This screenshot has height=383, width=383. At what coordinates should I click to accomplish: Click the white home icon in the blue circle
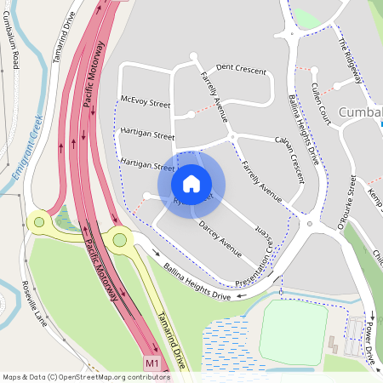coord(191,183)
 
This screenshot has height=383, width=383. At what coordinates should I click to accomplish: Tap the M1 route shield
coord(153,363)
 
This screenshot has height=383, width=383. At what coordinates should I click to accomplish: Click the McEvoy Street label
coord(146,103)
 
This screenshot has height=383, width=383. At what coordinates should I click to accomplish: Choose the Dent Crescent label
coord(241,68)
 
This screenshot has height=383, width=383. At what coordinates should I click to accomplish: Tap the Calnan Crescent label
coord(289,152)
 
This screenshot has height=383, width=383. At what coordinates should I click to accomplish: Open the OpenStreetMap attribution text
coord(86,376)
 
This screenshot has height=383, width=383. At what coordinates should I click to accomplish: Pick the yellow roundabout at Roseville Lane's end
coord(37,222)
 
